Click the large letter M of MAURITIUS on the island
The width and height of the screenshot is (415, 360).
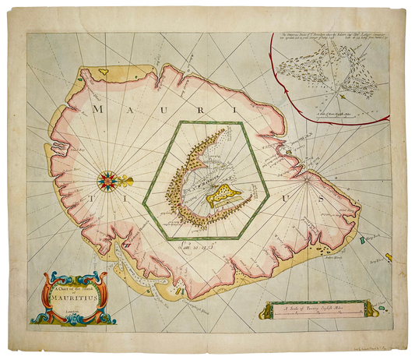point(98,109)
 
